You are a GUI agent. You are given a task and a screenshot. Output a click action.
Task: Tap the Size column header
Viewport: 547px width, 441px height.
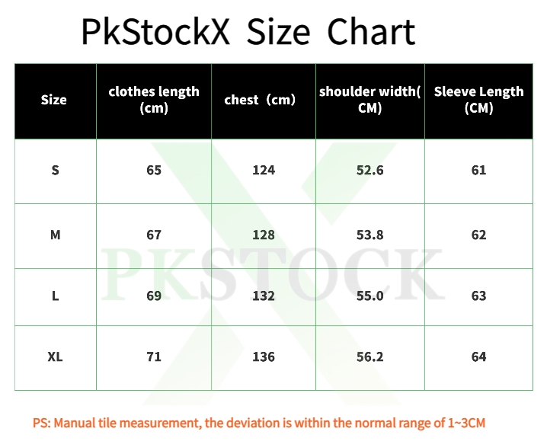pos(54,100)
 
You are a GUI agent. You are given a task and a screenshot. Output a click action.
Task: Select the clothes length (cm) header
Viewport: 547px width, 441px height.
pos(154,100)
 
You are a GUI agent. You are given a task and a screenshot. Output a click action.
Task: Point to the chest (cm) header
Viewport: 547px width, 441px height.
pos(260,100)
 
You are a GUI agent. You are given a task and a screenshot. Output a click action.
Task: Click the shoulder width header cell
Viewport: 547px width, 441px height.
pos(369,100)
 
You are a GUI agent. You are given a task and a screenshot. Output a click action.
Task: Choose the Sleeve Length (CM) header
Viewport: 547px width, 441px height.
pos(478,100)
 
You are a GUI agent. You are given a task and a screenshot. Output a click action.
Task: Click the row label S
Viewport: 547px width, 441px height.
pos(55,171)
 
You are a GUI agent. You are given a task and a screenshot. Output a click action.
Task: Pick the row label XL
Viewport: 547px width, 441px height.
pos(55,357)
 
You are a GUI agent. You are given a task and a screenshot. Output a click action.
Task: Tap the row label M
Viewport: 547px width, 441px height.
pos(55,235)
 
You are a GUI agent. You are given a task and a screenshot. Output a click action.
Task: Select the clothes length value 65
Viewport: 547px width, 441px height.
pos(154,171)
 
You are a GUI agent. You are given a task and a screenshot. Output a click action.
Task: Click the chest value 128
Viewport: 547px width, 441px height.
pos(264,235)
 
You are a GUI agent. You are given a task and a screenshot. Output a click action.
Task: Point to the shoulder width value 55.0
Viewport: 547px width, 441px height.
pos(369,296)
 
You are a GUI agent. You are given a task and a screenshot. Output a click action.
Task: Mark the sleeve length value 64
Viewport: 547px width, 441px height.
pos(478,357)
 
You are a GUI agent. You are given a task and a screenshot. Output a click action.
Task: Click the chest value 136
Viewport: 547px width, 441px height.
pos(264,357)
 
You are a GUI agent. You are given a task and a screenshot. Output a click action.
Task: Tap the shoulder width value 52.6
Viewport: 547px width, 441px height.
pos(369,171)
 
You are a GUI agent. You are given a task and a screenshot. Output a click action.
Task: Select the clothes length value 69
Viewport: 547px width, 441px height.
pos(154,296)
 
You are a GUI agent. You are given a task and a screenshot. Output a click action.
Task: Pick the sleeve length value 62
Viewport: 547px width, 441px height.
pos(478,235)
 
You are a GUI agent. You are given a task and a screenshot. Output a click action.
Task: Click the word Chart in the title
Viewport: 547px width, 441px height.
pos(371,33)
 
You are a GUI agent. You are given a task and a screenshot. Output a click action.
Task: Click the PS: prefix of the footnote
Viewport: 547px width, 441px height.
pos(42,423)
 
